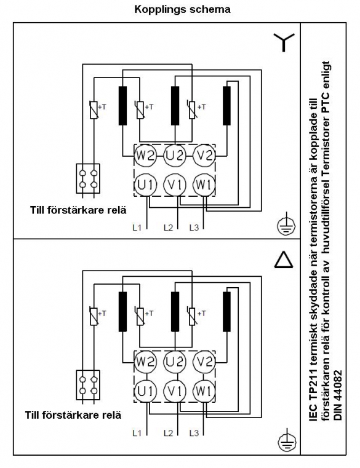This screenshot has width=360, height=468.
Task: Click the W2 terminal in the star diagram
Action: click(145, 156)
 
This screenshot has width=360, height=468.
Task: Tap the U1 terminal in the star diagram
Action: click(145, 185)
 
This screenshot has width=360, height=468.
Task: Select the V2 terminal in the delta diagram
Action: click(204, 362)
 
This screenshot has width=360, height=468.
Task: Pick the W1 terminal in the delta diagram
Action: click(204, 391)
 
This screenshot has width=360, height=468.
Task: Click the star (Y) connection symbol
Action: click(284, 42)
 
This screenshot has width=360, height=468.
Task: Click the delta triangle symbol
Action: click(284, 259)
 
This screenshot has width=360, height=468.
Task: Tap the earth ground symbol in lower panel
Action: click(287, 440)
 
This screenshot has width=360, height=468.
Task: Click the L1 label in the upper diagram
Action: click(137, 228)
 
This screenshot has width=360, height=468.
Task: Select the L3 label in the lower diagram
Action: click(194, 433)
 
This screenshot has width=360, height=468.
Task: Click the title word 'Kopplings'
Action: click(156, 10)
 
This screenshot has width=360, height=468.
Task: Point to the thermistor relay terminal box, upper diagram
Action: click(88, 178)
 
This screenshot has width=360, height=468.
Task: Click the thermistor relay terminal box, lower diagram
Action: click(88, 385)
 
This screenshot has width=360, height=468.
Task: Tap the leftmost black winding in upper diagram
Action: click(122, 106)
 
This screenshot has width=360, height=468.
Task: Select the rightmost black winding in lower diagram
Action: click(226, 312)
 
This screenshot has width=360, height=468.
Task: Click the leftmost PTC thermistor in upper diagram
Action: click(94, 109)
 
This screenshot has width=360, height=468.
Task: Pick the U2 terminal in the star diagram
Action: click(175, 156)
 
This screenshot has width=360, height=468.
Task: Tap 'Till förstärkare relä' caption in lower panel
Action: click(73, 415)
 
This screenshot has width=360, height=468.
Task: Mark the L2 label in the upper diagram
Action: click(168, 228)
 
